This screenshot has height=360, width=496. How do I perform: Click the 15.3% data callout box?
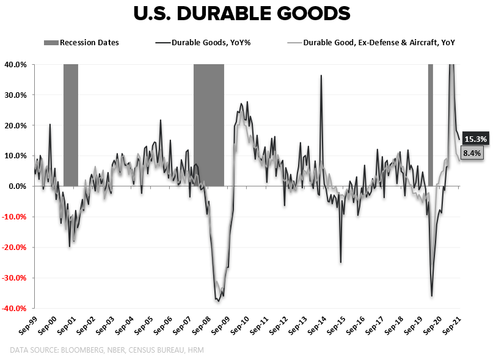pos(475,138)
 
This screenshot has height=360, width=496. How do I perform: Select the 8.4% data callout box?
pos(472,153)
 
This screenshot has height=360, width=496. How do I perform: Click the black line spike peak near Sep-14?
pos(321,76)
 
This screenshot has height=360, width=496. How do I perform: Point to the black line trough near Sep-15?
pos(340,262)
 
